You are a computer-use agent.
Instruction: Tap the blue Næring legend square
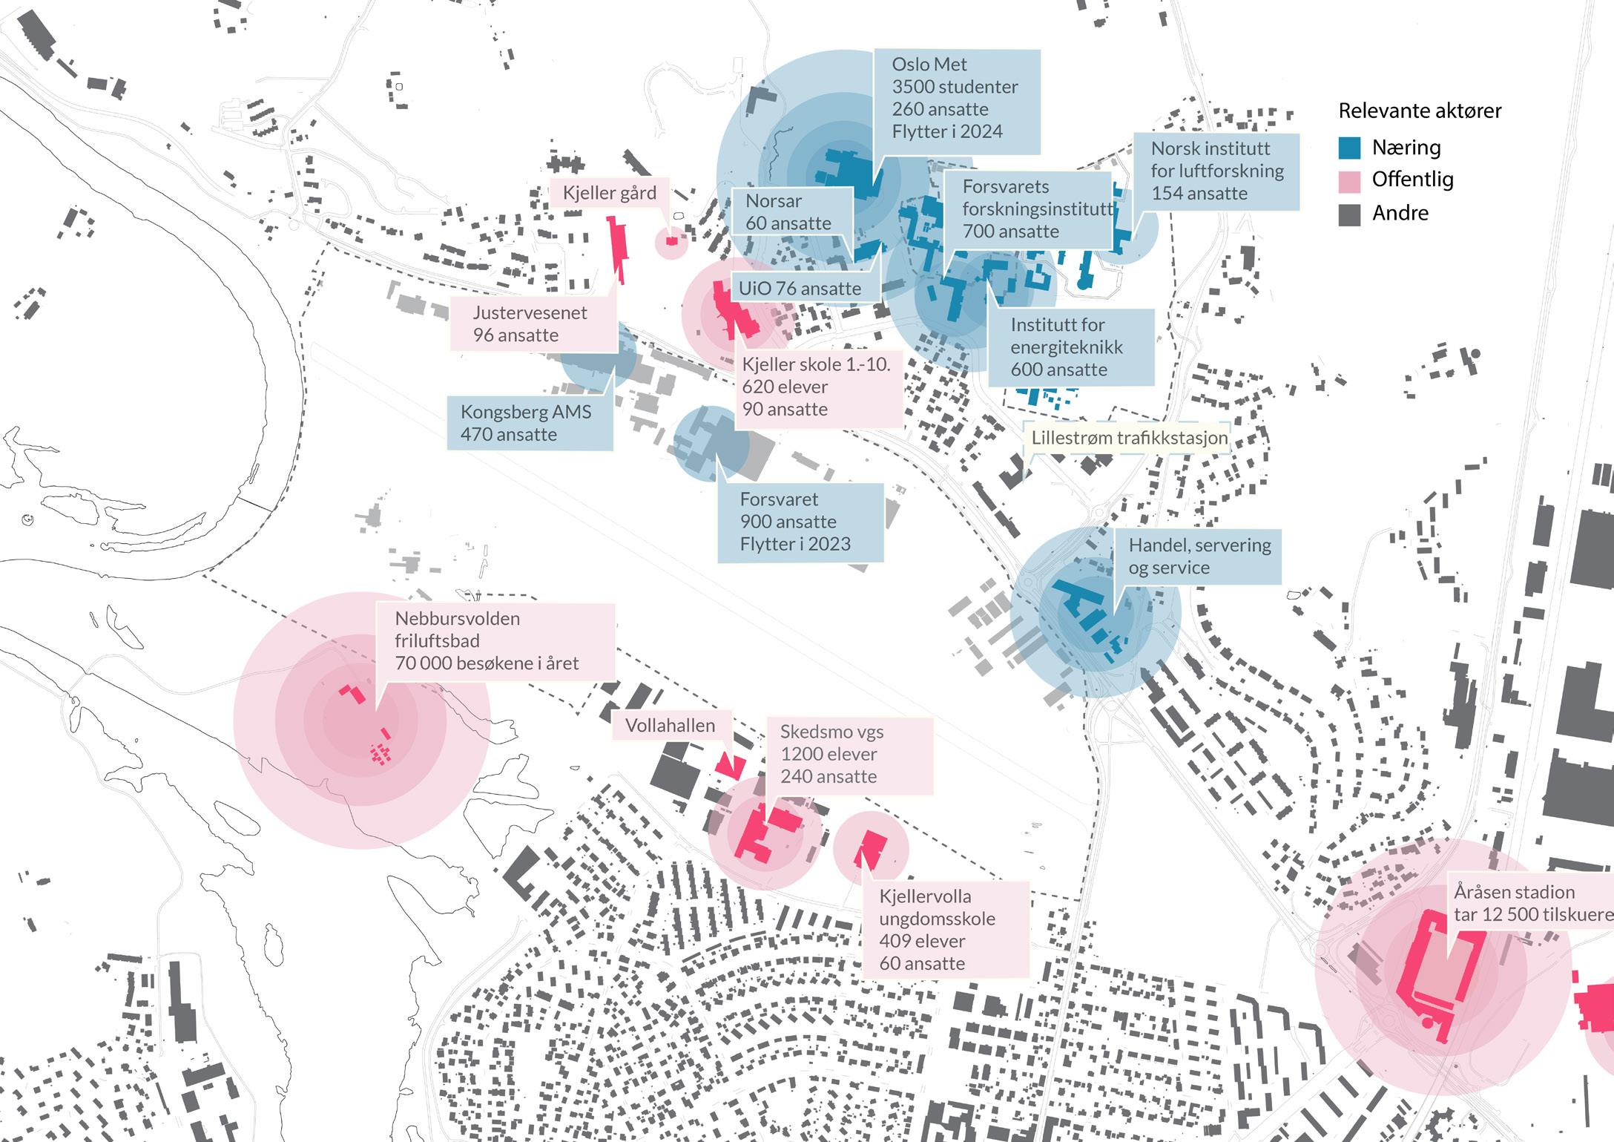(1349, 148)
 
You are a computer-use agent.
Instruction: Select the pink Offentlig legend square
(1349, 180)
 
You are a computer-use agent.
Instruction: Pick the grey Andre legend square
(1349, 214)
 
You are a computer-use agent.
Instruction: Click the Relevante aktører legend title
(1419, 111)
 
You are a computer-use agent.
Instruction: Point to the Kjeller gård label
(609, 193)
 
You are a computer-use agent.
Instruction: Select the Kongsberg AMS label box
(529, 423)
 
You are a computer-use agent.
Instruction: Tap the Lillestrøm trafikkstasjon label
(1128, 438)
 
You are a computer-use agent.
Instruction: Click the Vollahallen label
(671, 725)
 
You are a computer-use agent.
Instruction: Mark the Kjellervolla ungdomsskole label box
(944, 930)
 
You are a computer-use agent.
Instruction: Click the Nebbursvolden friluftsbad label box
(495, 640)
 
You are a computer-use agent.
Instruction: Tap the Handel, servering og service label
(1199, 557)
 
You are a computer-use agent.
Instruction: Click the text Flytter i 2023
(794, 544)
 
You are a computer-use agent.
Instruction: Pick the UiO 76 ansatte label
(800, 289)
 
